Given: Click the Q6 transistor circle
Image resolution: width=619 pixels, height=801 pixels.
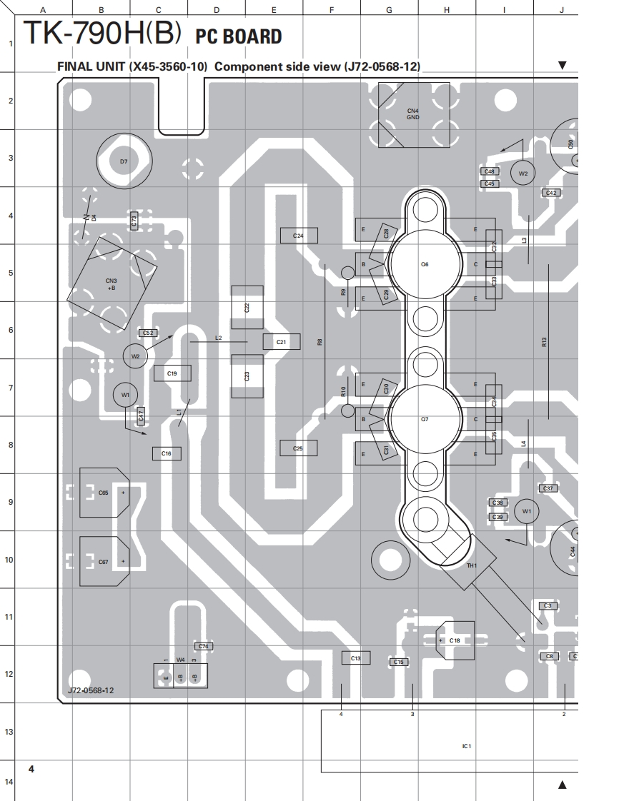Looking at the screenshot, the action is (425, 265).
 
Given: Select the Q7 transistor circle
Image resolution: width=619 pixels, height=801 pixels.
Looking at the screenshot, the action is (425, 419).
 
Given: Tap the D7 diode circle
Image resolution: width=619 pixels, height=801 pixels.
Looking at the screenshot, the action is (124, 162).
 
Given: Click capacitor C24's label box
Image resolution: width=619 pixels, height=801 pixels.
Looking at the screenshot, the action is (299, 236).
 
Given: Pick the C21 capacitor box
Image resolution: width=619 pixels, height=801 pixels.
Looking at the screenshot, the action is (281, 343).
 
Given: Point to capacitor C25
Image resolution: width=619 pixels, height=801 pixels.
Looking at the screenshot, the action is (298, 448).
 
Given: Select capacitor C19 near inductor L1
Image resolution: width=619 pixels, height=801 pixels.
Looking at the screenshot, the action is (172, 373).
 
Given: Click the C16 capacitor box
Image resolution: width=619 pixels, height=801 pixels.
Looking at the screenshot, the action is (167, 453).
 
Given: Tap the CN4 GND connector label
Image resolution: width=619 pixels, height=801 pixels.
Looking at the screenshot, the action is (413, 114).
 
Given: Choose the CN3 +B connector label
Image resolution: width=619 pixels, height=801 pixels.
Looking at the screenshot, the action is (112, 284).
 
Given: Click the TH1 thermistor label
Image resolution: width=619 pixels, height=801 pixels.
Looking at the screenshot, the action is (471, 565).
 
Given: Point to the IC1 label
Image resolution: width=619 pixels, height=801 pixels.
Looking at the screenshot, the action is (466, 746).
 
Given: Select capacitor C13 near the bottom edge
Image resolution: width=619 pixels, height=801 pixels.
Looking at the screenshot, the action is (356, 658).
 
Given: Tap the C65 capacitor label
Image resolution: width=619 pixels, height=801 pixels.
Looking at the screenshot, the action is (104, 493).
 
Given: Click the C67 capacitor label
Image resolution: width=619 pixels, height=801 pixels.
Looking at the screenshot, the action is (104, 562).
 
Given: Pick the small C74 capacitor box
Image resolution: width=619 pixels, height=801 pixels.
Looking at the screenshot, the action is (204, 646).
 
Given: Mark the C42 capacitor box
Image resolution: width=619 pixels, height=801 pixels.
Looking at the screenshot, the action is (550, 193).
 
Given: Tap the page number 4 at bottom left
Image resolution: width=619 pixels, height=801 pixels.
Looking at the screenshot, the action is (31, 768).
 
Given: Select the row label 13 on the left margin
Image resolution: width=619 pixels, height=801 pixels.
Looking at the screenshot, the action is (9, 732).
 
